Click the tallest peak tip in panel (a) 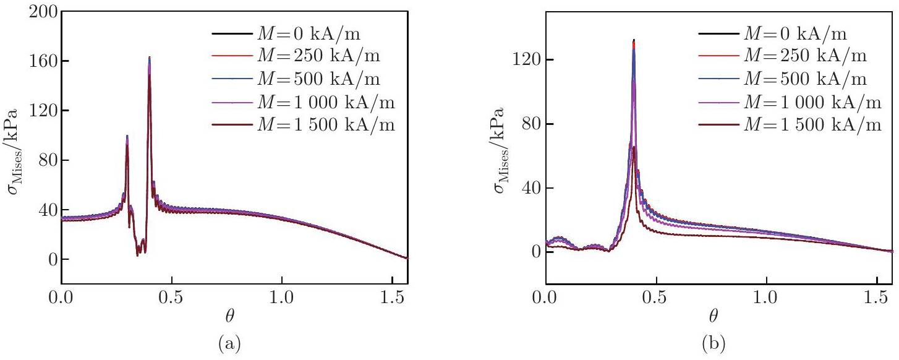[150, 57]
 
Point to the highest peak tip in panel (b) [634, 40]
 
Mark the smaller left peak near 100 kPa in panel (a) [127, 135]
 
